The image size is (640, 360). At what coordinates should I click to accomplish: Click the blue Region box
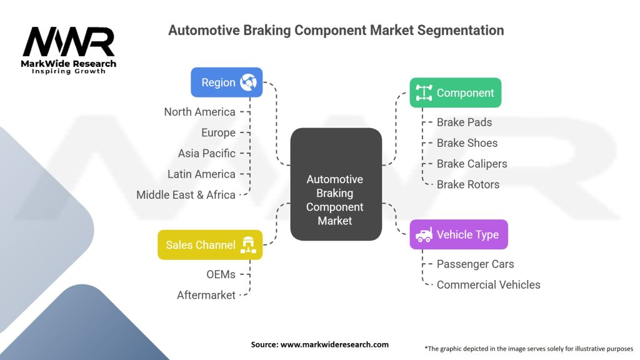[x=226, y=82]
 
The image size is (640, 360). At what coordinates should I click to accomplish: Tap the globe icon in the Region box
[x=248, y=82]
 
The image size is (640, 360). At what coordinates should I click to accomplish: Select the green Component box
[x=455, y=92]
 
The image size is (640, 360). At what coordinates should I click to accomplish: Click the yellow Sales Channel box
[x=210, y=245]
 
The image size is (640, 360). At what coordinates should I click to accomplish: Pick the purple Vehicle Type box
[x=459, y=234]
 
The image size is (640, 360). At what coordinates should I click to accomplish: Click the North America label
[x=199, y=112]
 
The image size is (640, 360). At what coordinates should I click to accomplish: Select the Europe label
[x=218, y=132]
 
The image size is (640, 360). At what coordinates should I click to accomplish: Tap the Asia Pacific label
[x=206, y=153]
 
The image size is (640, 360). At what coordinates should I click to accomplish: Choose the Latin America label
[x=201, y=174]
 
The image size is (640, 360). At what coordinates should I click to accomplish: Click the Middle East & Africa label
[x=186, y=194]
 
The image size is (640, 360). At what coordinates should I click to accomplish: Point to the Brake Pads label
[x=464, y=122]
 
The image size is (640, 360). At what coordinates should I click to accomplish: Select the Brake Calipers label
[x=472, y=164]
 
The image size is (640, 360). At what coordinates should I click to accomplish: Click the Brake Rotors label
[x=468, y=184]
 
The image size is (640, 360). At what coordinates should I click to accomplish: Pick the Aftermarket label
[x=206, y=294]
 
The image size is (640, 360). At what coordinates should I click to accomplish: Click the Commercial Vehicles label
[x=488, y=284]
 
